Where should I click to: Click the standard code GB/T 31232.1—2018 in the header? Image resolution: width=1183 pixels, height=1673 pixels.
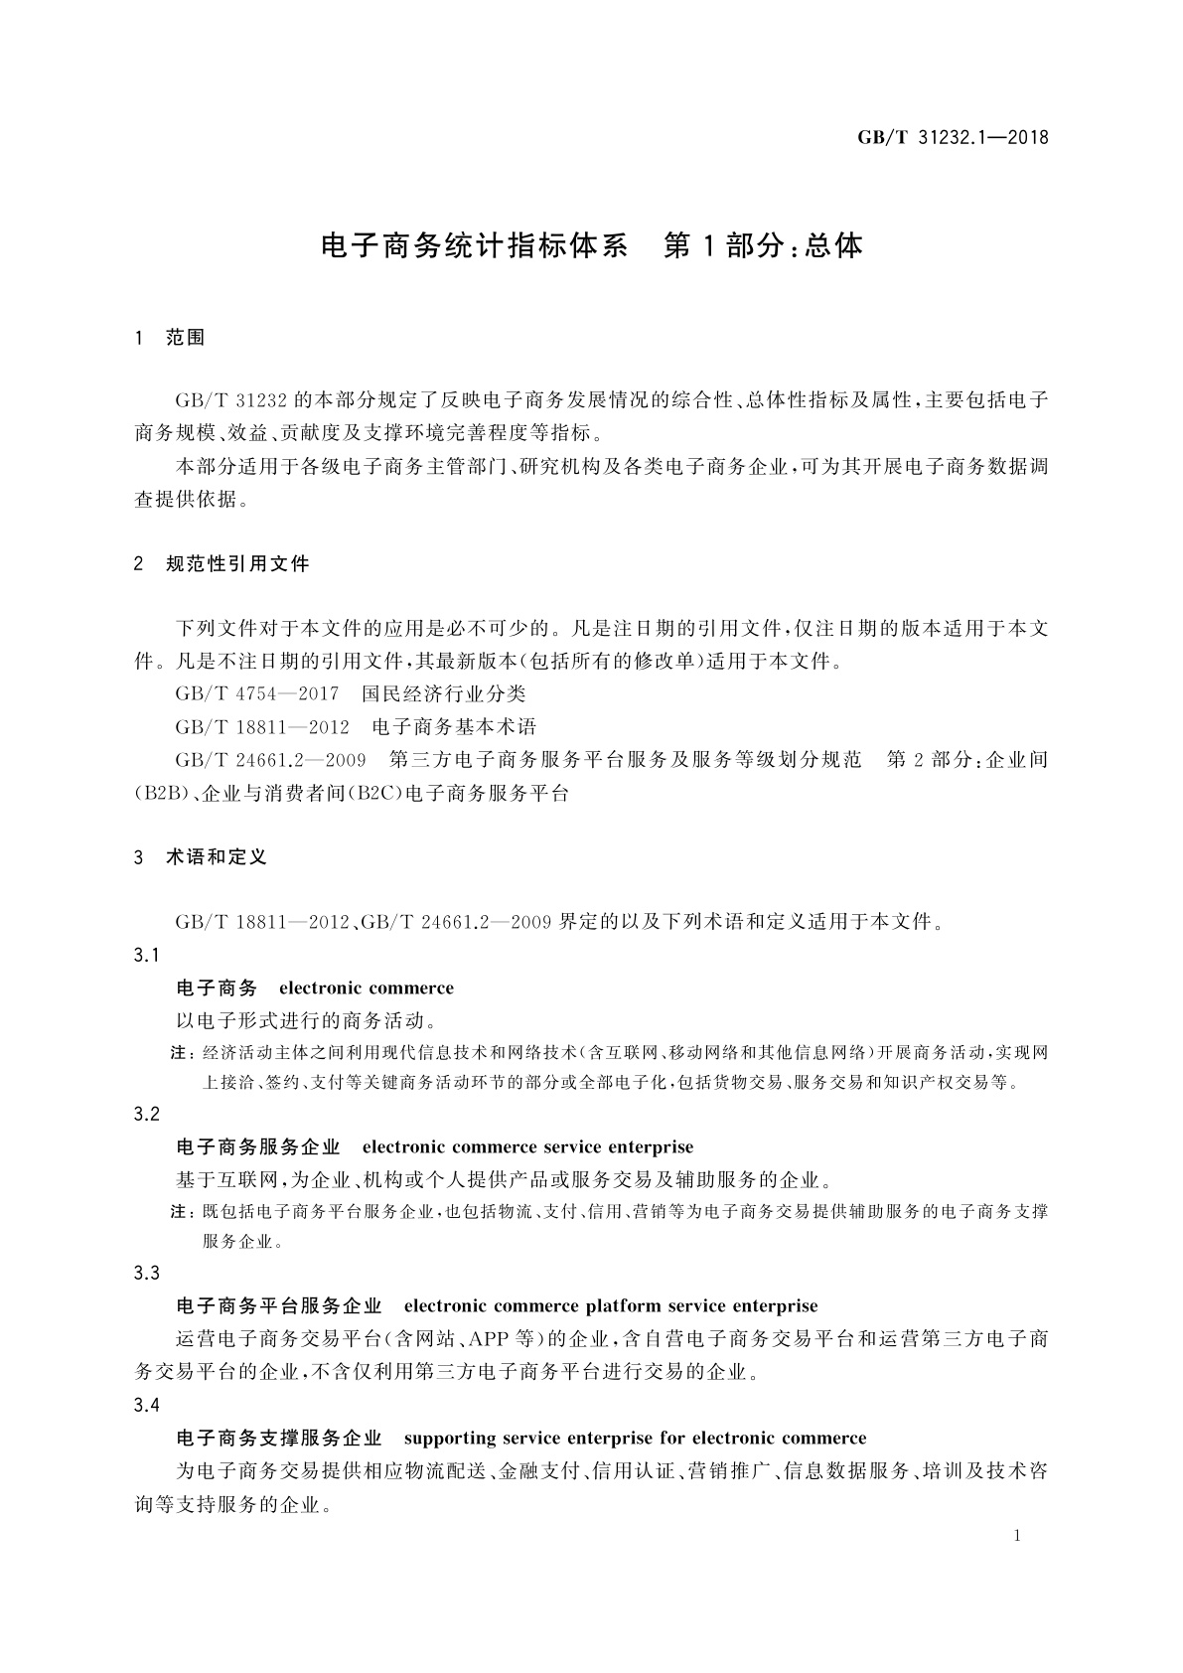coord(953,138)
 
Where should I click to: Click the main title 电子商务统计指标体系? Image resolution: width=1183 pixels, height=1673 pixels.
coord(475,245)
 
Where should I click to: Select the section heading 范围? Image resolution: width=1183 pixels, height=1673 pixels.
coord(186,338)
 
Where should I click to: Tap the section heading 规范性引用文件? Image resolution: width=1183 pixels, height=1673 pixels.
coord(237,564)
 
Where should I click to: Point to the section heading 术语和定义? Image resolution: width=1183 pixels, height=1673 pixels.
coord(217,857)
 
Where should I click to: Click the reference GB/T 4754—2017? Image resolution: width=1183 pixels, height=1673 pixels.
coord(257,693)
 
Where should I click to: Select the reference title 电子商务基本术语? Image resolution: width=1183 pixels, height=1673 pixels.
coord(453,726)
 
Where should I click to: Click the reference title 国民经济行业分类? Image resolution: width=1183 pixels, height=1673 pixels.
coord(443,693)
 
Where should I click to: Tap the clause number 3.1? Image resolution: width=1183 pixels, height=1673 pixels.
coord(147,956)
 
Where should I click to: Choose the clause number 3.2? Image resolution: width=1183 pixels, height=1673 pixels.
coord(147,1115)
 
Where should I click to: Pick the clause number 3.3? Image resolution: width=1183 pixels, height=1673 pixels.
coord(147,1274)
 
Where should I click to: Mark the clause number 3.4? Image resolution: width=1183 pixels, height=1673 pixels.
coord(147,1406)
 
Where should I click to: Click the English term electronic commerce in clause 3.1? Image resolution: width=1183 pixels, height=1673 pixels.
coord(367,989)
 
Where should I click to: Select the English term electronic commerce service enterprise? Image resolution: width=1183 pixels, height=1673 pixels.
coord(527,1147)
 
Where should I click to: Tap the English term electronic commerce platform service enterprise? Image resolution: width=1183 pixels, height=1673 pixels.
coord(611,1306)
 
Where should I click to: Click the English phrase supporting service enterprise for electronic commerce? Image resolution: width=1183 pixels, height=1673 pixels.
coord(636,1439)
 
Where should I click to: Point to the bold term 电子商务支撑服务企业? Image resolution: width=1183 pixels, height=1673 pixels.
coord(279,1439)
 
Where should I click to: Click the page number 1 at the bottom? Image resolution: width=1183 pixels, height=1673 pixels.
coord(1017,1536)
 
